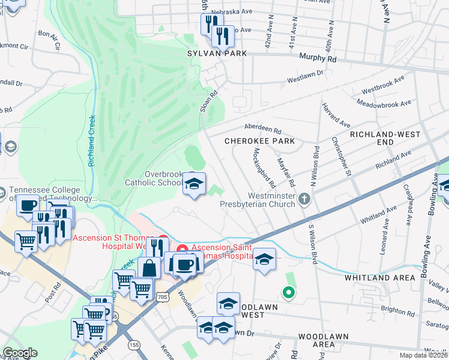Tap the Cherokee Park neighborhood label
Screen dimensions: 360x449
point(260,141)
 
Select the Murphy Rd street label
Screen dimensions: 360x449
point(319,59)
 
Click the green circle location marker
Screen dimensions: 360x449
point(289,293)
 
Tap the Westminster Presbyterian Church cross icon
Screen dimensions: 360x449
point(305,198)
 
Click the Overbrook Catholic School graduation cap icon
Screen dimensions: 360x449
point(194,184)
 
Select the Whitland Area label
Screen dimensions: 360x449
point(379,278)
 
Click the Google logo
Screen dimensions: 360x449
point(20,353)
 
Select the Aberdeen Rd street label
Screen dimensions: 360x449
point(262,128)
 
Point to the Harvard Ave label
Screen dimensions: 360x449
point(344,113)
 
